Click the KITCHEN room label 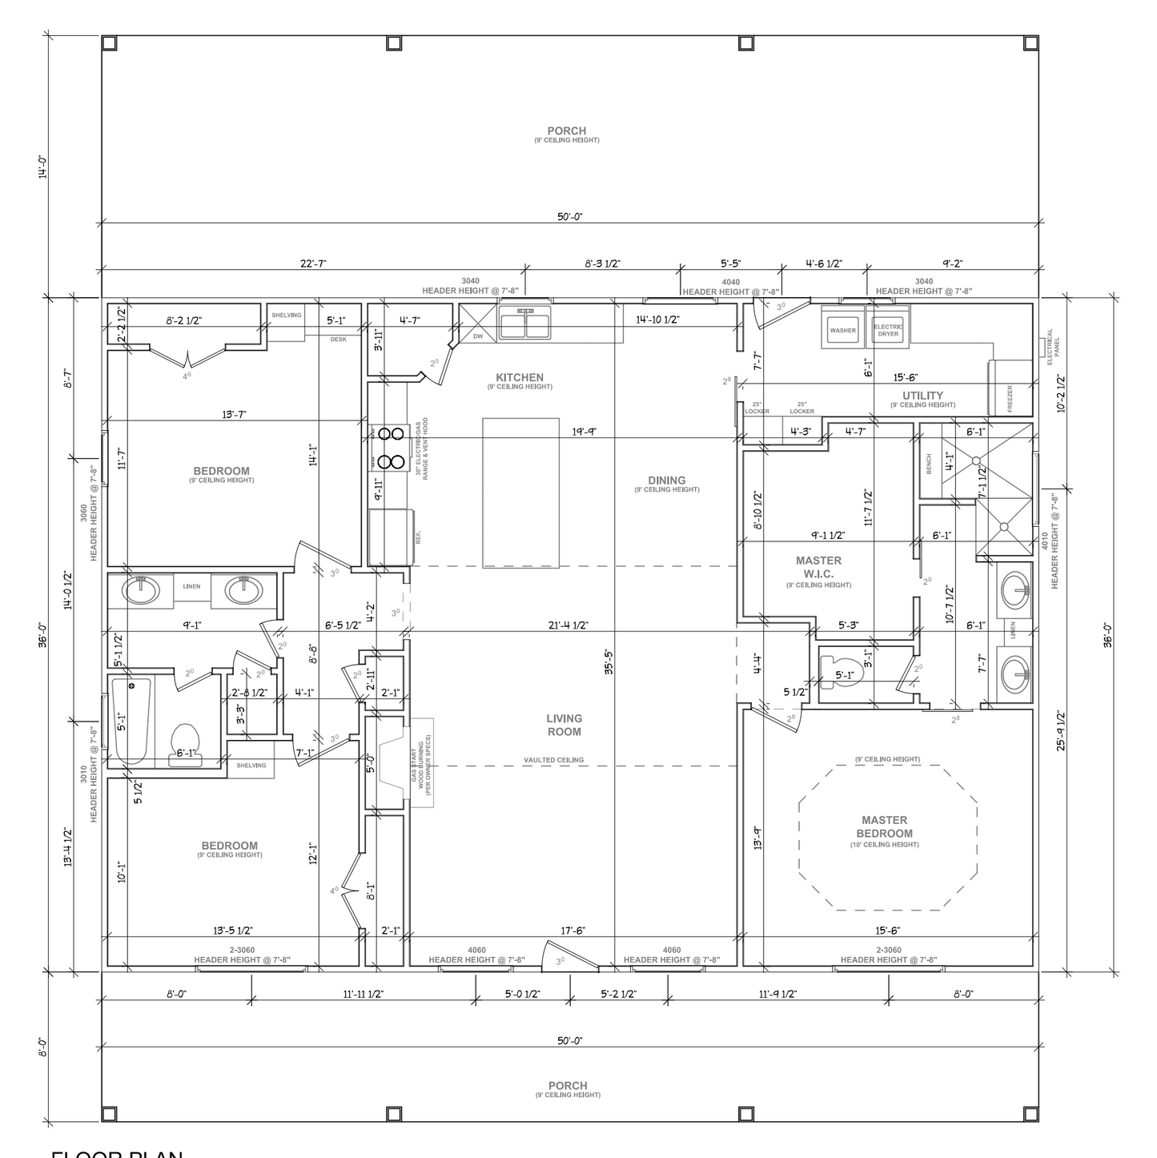(x=519, y=378)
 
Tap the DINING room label (x=666, y=480)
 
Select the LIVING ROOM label (x=564, y=725)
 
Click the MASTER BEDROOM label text (x=885, y=826)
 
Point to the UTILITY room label (x=922, y=396)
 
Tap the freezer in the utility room (x=1010, y=388)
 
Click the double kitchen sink (x=524, y=324)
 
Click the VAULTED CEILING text (x=553, y=760)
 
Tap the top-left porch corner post (x=110, y=43)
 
